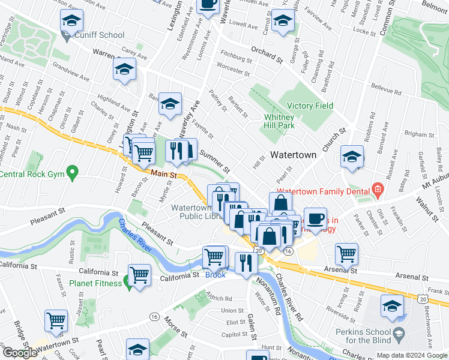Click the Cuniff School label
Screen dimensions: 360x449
(100, 35)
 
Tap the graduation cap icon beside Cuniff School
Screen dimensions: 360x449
(71, 23)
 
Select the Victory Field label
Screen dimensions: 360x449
(310, 106)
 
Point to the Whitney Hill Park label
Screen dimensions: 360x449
(279, 122)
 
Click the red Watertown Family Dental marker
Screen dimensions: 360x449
(377, 191)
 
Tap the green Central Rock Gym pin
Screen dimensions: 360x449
(73, 174)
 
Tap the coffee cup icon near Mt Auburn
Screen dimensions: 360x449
(315, 219)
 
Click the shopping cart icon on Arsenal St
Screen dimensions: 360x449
(346, 254)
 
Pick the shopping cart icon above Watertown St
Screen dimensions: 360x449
(56, 322)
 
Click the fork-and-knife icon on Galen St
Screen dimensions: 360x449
(246, 263)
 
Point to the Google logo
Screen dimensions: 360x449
(19, 353)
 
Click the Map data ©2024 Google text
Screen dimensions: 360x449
(411, 355)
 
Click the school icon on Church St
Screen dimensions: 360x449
(352, 158)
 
